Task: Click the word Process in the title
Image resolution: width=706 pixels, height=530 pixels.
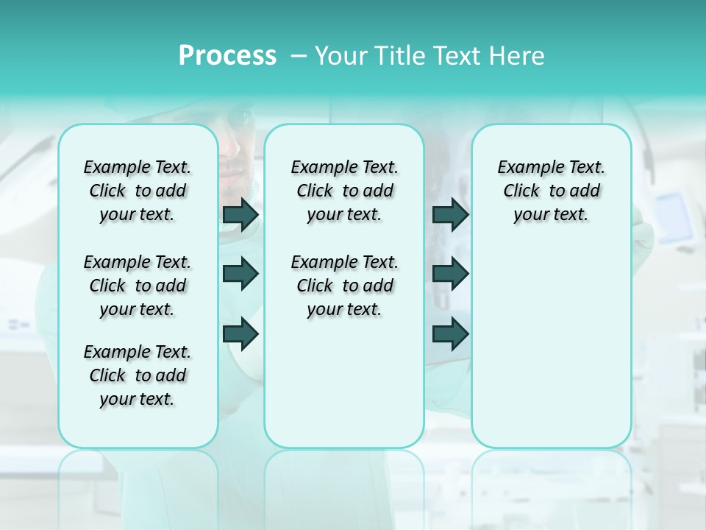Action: coord(227,55)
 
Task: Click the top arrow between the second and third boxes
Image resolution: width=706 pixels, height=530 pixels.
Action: coord(450,214)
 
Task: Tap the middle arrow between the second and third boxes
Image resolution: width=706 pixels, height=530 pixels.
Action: coord(450,274)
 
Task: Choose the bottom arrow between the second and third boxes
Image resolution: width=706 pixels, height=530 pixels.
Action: coord(450,333)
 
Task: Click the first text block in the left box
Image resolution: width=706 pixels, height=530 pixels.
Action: coord(138,191)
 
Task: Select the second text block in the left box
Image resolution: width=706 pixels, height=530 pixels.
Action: coord(138,286)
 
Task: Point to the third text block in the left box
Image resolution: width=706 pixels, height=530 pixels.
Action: coord(138,375)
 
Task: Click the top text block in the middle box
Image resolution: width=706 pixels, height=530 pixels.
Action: coord(344,191)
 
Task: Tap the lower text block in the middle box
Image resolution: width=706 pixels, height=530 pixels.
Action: coord(344,286)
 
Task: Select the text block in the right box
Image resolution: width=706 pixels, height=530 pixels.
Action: coord(551,191)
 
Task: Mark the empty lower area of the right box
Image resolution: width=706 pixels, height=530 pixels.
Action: coord(551,346)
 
